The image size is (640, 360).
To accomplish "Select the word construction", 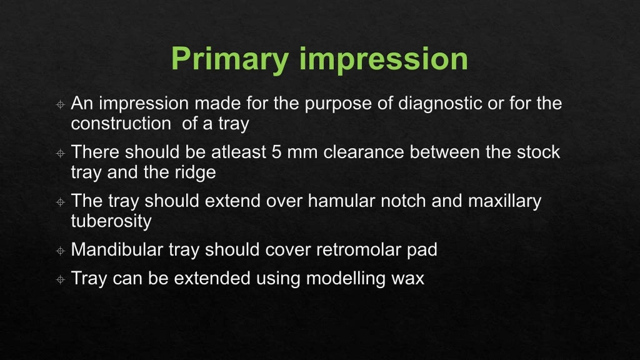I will coord(120,123).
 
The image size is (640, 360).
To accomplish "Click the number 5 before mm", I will coord(277,152).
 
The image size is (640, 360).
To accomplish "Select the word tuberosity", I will coord(111,221).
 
